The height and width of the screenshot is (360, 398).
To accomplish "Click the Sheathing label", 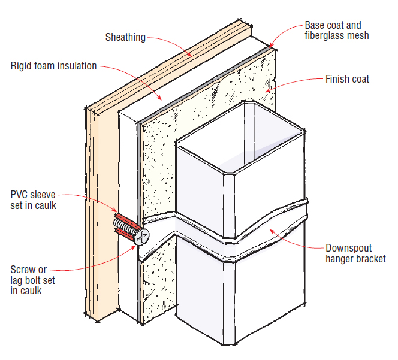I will pyautogui.click(x=125, y=37).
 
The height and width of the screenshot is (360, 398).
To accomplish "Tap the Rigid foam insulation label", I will pyautogui.click(x=53, y=66).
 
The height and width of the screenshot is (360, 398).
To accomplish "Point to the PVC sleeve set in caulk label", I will pyautogui.click(x=34, y=200).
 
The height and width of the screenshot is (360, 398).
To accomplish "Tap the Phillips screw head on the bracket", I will pyautogui.click(x=142, y=237).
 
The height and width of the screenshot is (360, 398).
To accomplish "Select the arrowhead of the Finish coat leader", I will pyautogui.click(x=269, y=90).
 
